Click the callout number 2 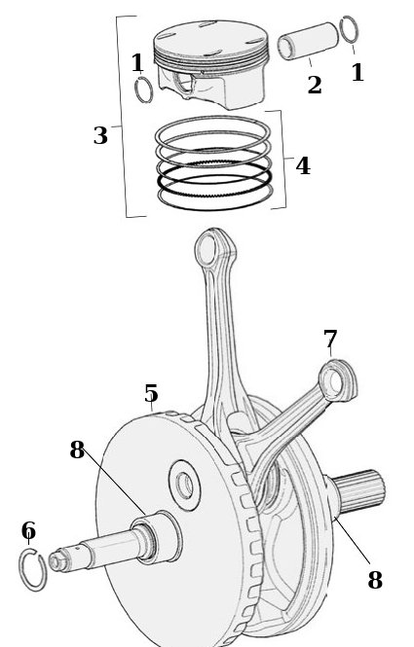click(x=315, y=85)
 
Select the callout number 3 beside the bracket click(x=100, y=135)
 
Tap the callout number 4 click(x=303, y=165)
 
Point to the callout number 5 click(x=151, y=393)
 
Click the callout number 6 click(x=28, y=530)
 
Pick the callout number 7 click(x=330, y=340)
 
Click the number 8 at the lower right click(x=375, y=579)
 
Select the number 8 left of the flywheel click(x=77, y=449)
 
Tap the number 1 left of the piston click(x=137, y=62)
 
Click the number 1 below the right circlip click(x=358, y=72)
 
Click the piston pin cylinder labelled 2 click(x=308, y=41)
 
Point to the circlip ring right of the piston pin click(x=349, y=30)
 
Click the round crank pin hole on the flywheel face click(x=185, y=485)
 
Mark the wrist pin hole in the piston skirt click(x=183, y=84)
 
